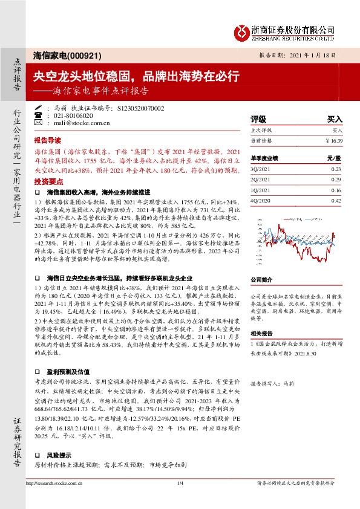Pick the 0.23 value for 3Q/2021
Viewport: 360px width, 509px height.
(x=336, y=170)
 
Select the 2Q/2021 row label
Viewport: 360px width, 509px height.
(x=259, y=180)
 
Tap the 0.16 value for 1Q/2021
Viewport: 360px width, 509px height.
(x=336, y=190)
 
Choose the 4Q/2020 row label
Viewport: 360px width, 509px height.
(x=259, y=200)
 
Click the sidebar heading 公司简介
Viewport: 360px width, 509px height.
(x=262, y=280)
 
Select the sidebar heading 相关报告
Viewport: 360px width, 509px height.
(x=262, y=332)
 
